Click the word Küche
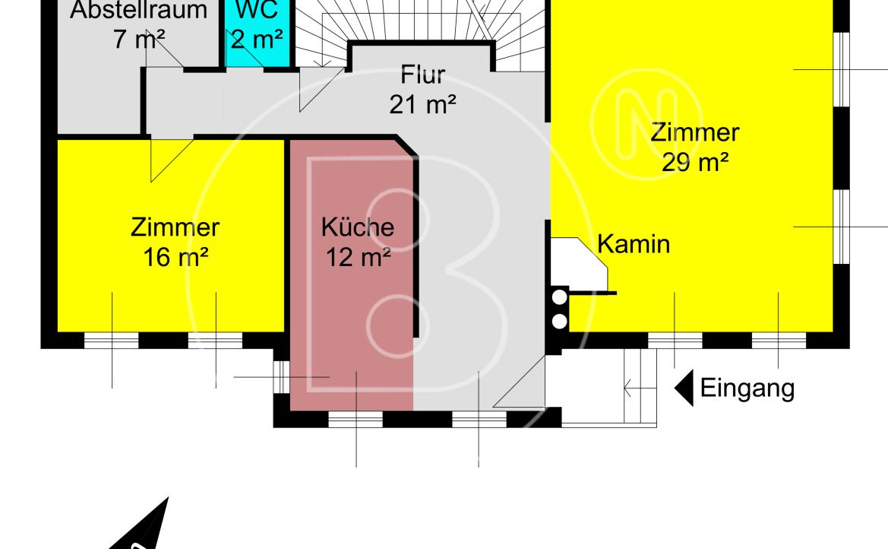pyautogui.click(x=357, y=227)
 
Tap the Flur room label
pyautogui.click(x=423, y=75)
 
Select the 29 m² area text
pyautogui.click(x=695, y=162)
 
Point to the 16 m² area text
pyautogui.click(x=175, y=257)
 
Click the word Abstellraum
pyautogui.click(x=139, y=10)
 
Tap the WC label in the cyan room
pyautogui.click(x=257, y=9)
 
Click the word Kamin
pyautogui.click(x=634, y=244)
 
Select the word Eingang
pyautogui.click(x=747, y=389)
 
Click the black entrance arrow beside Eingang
pyautogui.click(x=684, y=389)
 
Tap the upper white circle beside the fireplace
pyautogui.click(x=560, y=297)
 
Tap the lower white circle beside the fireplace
pyautogui.click(x=560, y=321)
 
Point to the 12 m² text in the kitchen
pyautogui.click(x=358, y=257)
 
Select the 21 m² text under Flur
pyautogui.click(x=422, y=104)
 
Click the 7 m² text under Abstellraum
pyautogui.click(x=139, y=39)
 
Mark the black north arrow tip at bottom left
pyautogui.click(x=168, y=498)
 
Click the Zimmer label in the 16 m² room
pyautogui.click(x=175, y=227)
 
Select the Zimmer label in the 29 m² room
pyautogui.click(x=695, y=133)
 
